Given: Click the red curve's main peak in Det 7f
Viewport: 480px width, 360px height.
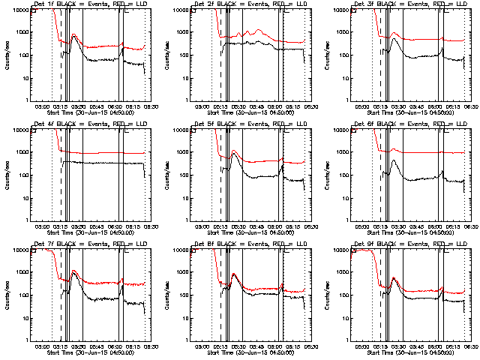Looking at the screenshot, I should tap(73, 271).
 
